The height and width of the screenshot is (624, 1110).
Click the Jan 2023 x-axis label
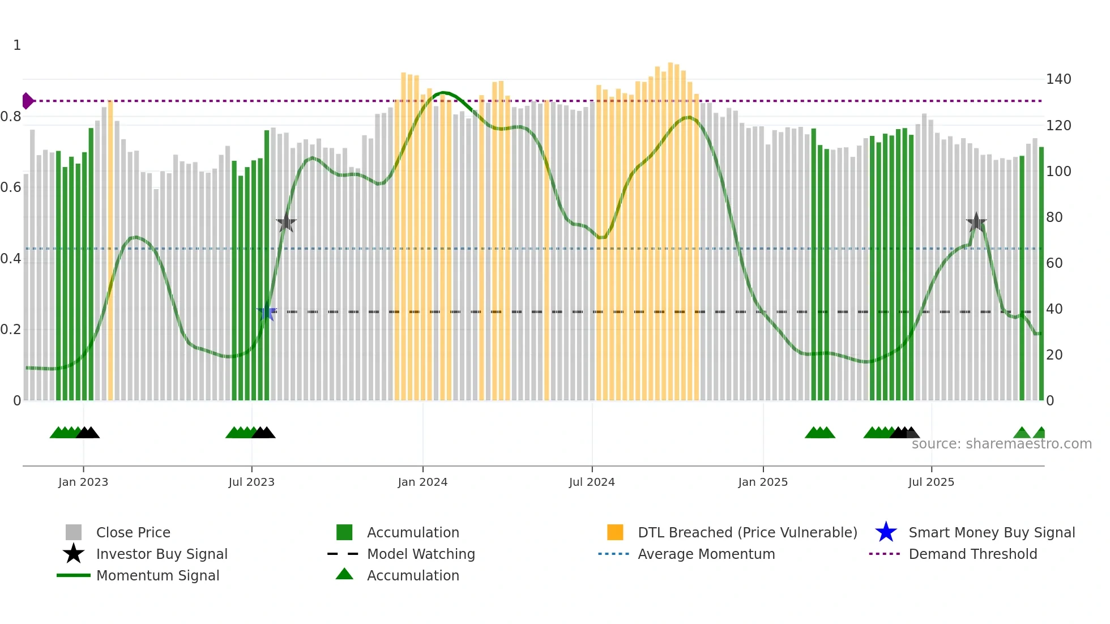click(x=83, y=482)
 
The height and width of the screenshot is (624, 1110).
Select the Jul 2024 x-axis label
click(x=592, y=482)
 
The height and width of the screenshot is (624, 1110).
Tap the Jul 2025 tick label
click(x=931, y=482)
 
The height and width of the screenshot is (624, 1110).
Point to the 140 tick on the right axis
click(x=1058, y=79)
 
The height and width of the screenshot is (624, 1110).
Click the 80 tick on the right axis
click(x=1054, y=217)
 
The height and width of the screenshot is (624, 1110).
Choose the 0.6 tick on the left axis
click(x=11, y=187)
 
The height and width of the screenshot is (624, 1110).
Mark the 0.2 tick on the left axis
click(x=11, y=330)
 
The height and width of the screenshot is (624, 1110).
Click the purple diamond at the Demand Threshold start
click(x=27, y=101)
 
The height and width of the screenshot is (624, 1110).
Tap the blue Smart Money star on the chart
click(x=266, y=312)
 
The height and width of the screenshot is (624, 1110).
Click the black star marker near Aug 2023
click(x=286, y=223)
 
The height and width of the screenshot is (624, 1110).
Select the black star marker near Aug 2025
click(x=976, y=223)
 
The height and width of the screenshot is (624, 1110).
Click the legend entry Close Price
click(x=133, y=533)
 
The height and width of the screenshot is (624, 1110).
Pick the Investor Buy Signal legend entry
click(x=161, y=554)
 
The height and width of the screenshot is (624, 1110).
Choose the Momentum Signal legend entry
click(x=157, y=576)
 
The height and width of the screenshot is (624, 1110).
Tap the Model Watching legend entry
click(x=421, y=554)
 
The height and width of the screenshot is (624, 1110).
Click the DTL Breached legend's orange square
click(x=615, y=533)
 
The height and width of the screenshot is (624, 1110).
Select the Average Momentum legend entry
click(x=706, y=554)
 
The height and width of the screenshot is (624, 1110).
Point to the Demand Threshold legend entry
click(x=972, y=554)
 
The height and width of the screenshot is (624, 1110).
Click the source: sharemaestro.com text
click(x=1001, y=444)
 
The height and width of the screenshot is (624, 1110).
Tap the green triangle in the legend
click(x=344, y=575)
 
